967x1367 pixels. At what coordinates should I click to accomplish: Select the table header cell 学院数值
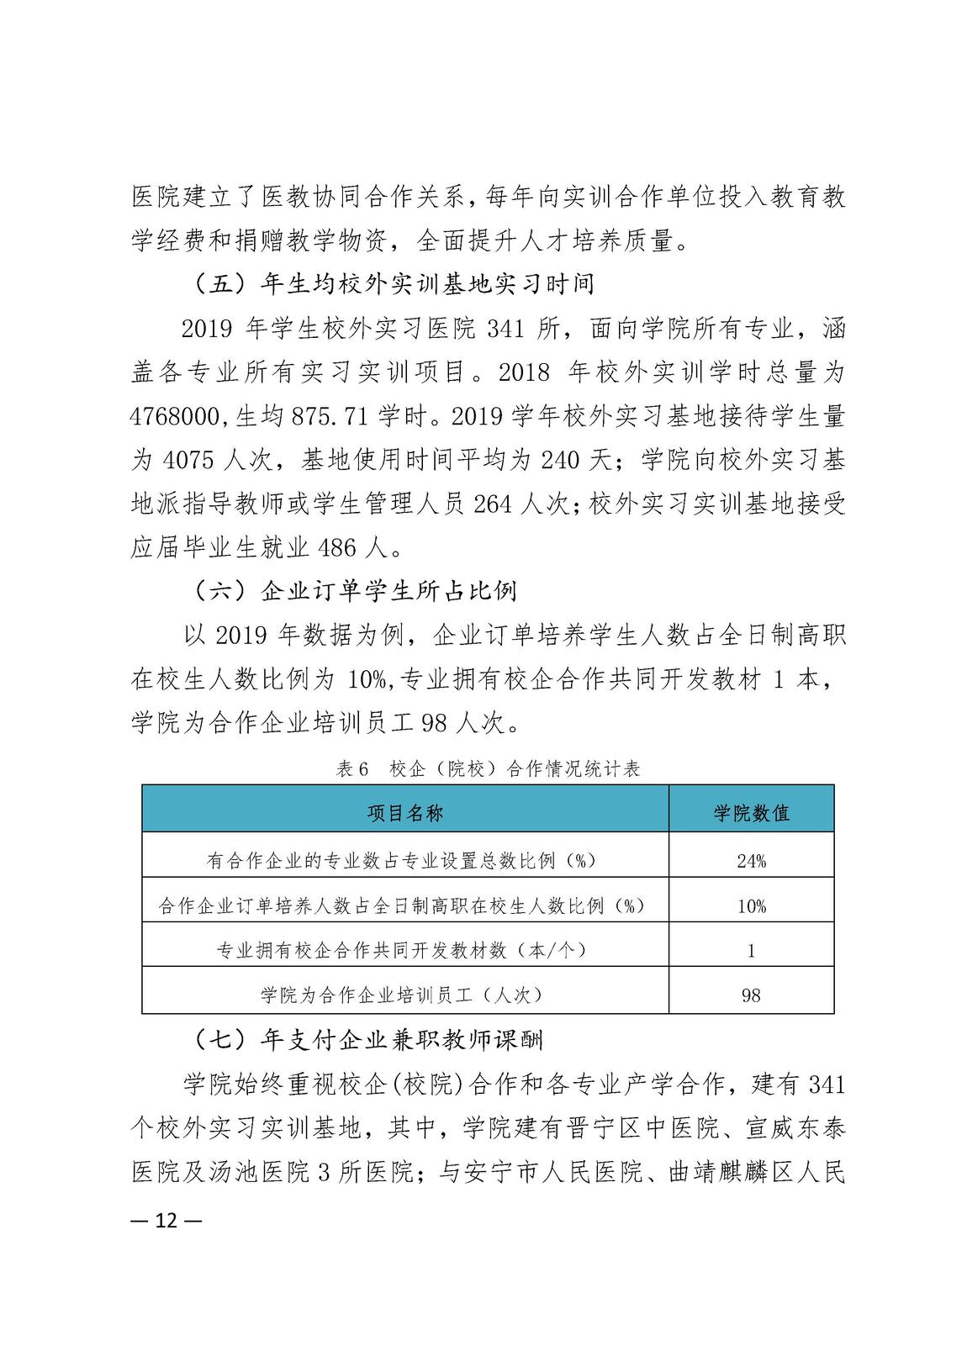pos(751,812)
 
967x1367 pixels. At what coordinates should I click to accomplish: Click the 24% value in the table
pos(751,861)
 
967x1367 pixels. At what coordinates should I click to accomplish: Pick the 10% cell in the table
pos(751,906)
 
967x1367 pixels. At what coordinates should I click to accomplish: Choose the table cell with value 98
pos(751,995)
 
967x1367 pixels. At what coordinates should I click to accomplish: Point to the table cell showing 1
pos(751,951)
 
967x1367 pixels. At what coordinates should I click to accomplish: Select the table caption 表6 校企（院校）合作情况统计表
pos(488,768)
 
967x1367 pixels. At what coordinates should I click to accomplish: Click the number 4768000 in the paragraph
pos(175,416)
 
